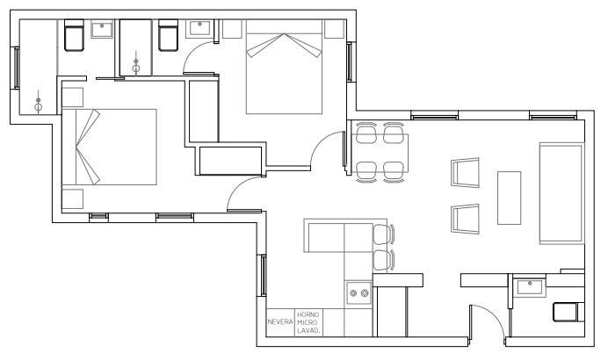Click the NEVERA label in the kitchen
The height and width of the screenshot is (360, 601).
pyautogui.click(x=280, y=322)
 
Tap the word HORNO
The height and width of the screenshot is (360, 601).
pyautogui.click(x=308, y=314)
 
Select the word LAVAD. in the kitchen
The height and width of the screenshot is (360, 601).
pyautogui.click(x=308, y=330)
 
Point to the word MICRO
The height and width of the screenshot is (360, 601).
pyautogui.click(x=308, y=322)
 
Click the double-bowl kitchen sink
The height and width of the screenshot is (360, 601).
pyautogui.click(x=358, y=293)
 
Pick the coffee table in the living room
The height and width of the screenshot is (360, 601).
pyautogui.click(x=509, y=198)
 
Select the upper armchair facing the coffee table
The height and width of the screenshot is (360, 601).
pyautogui.click(x=466, y=172)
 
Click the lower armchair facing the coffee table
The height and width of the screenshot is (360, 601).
pyautogui.click(x=466, y=219)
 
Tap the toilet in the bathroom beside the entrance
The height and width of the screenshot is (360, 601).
pyautogui.click(x=568, y=312)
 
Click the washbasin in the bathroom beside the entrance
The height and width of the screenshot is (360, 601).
pyautogui.click(x=530, y=287)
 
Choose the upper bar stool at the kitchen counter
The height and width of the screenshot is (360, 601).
pyautogui.click(x=384, y=234)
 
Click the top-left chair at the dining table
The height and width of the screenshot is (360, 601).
pyautogui.click(x=366, y=133)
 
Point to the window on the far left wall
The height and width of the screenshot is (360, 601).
pyautogui.click(x=17, y=68)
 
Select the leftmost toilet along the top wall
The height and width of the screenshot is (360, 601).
pyautogui.click(x=74, y=35)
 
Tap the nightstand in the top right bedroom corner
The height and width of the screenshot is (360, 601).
pyautogui.click(x=334, y=29)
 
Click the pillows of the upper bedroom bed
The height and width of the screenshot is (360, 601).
pyautogui.click(x=284, y=45)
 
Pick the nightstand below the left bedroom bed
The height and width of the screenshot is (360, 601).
pyautogui.click(x=72, y=198)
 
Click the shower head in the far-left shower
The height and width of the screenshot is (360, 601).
pyautogui.click(x=38, y=101)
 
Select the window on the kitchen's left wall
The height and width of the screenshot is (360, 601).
pyautogui.click(x=264, y=276)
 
